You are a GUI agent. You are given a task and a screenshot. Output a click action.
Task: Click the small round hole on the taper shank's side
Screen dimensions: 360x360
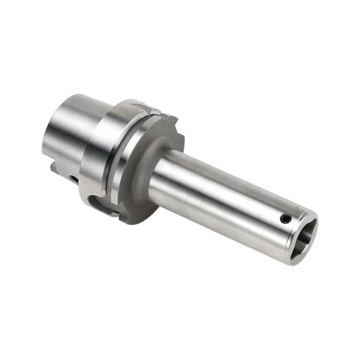click(74, 179)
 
